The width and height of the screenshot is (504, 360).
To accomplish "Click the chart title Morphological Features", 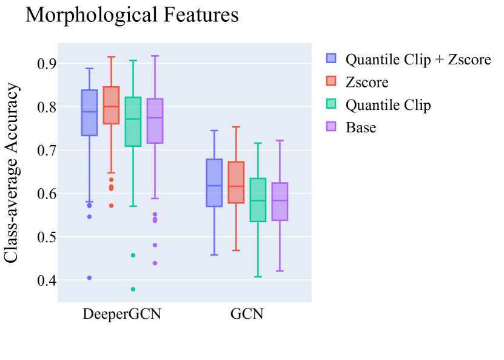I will (x=132, y=15).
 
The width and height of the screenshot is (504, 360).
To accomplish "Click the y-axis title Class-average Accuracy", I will (x=12, y=172).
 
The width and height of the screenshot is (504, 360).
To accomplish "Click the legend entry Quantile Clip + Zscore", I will (x=418, y=59).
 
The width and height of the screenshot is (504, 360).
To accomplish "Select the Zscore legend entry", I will (x=367, y=82).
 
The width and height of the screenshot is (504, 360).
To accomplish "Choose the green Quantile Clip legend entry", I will (x=388, y=105).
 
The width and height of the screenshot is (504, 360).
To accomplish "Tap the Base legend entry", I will (x=360, y=127).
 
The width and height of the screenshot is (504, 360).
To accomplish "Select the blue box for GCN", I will (x=214, y=183).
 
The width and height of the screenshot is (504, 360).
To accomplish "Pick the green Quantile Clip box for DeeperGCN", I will (x=133, y=121).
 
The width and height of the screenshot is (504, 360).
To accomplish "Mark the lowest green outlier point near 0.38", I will (x=133, y=289).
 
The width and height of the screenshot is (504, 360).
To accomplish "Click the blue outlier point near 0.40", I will (x=89, y=278).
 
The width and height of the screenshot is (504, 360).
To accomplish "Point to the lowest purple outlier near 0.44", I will (x=155, y=263).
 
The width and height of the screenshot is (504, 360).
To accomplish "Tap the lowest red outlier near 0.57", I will (x=111, y=206).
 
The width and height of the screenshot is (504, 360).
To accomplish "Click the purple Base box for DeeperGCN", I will (x=155, y=121).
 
